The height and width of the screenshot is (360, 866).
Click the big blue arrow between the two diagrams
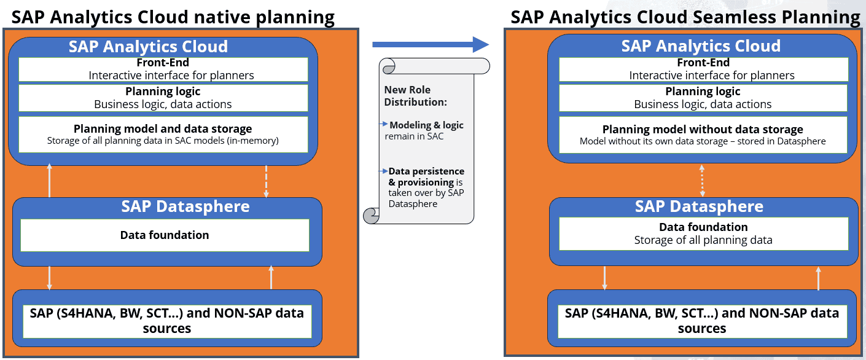(430, 44)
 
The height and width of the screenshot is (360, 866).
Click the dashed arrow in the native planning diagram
(266, 181)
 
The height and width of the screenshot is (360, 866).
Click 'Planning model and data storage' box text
(163, 129)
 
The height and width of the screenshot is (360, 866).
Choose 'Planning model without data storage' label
(703, 130)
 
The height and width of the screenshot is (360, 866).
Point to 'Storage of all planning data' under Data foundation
(703, 240)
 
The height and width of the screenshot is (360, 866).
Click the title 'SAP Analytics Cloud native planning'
(173, 17)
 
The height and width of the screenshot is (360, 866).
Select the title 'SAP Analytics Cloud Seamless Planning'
(685, 17)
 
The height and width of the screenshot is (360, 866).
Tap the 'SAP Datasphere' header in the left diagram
(185, 206)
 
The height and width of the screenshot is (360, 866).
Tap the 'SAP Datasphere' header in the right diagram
(699, 206)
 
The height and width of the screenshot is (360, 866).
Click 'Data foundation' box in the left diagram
(165, 235)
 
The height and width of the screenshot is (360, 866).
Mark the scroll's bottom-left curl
(372, 215)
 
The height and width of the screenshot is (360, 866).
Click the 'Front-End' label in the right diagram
(703, 63)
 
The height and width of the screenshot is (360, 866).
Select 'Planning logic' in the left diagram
(163, 92)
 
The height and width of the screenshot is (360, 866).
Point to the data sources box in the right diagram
(701, 321)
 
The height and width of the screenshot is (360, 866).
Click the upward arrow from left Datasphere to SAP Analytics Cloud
(50, 181)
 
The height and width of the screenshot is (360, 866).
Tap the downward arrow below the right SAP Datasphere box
(605, 277)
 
